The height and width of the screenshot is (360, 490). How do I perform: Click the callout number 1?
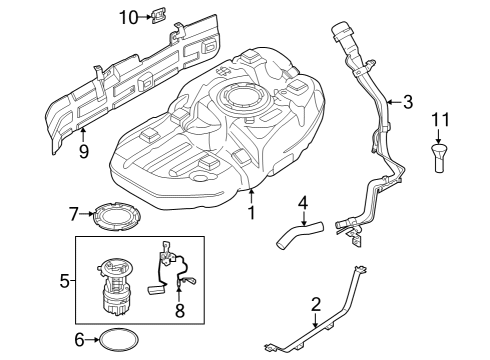tap(252, 212)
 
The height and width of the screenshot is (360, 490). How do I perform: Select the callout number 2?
tap(316, 303)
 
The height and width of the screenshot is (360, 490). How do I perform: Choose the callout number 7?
tap(73, 213)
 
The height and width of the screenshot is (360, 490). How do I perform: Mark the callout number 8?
tap(180, 311)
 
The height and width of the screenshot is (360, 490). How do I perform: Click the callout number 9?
tap(83, 151)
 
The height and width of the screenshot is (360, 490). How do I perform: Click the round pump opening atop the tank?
tap(242, 97)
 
